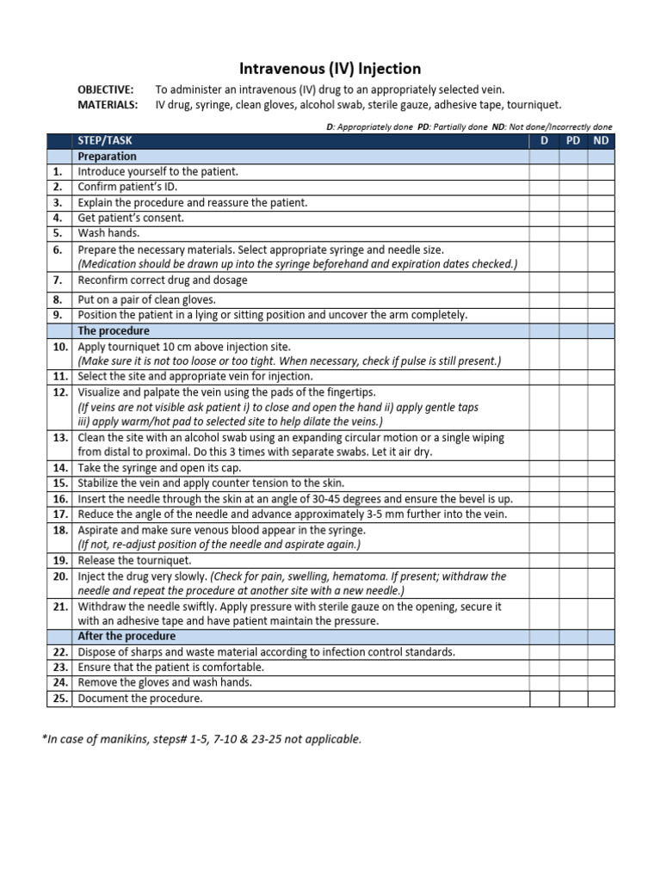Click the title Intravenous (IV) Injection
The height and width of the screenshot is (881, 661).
(330, 68)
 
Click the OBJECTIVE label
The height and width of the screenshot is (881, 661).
(106, 89)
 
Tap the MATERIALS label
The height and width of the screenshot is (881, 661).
(108, 104)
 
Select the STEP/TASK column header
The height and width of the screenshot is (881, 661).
(105, 140)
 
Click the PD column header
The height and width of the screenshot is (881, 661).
(573, 140)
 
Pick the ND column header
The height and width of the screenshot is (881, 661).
(601, 140)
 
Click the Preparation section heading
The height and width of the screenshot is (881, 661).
(108, 156)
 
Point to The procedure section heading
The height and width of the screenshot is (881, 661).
(114, 330)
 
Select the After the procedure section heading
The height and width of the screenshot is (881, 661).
(127, 636)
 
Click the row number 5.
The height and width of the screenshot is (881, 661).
(58, 233)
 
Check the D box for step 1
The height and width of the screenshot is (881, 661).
(544, 171)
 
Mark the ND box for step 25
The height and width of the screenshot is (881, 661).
(601, 698)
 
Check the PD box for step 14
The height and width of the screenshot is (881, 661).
(573, 467)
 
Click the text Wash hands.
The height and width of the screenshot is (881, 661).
(108, 233)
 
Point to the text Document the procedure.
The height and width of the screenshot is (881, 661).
(140, 698)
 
